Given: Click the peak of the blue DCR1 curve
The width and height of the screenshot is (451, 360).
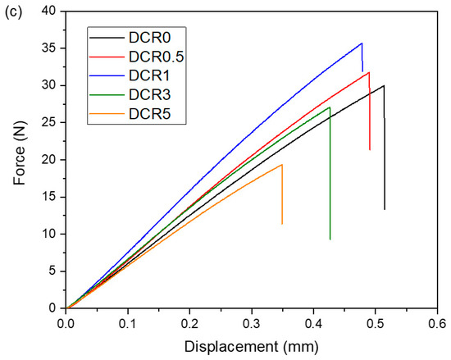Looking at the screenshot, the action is click(362, 43).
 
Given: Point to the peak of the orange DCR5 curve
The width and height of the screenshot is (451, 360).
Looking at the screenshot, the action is click(282, 165).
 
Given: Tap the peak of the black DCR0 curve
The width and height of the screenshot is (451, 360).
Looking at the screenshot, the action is click(384, 85).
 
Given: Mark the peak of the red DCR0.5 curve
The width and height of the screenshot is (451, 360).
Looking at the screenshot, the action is click(369, 72).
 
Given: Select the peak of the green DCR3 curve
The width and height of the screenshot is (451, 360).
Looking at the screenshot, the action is click(330, 107).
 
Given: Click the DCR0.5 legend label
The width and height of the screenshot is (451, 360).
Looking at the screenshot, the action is click(156, 57).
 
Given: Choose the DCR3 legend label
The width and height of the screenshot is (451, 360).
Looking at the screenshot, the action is click(149, 94).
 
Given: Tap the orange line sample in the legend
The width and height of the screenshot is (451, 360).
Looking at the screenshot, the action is click(107, 114).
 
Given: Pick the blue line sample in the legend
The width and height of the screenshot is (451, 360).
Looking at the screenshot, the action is click(107, 75).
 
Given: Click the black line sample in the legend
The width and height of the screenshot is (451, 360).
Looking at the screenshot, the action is click(107, 38).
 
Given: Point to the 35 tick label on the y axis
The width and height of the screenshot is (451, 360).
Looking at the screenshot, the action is click(48, 48).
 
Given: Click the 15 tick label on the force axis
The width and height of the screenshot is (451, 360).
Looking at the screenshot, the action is click(48, 197).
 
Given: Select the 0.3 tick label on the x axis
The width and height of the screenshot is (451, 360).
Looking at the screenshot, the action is click(252, 324).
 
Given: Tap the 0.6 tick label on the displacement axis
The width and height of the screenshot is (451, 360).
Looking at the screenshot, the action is click(437, 324).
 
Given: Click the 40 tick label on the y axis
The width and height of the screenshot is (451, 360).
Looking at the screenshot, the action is click(48, 11).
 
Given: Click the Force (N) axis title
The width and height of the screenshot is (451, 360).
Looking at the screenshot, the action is click(20, 153).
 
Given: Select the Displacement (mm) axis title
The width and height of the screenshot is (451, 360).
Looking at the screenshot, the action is click(252, 347).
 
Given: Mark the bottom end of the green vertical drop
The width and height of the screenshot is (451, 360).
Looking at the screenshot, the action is click(330, 239).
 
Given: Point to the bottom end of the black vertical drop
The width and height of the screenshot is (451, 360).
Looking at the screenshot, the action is click(385, 209).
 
